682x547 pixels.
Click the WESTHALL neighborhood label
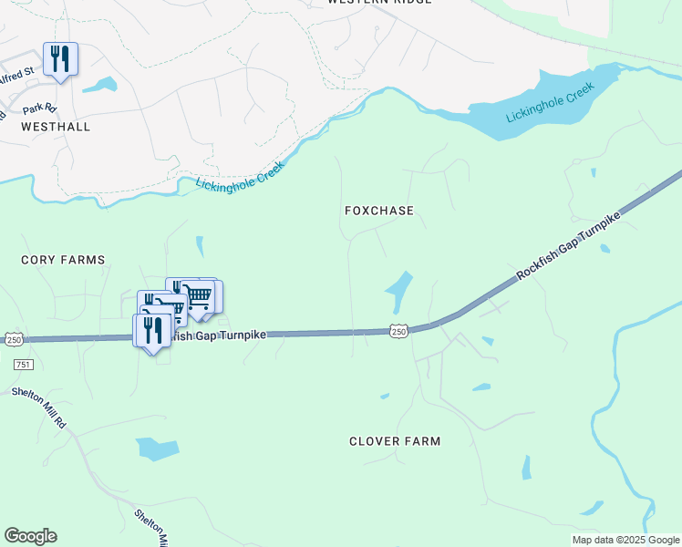[x=57, y=127]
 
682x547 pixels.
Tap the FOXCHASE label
[x=379, y=211]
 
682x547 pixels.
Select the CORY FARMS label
[x=63, y=260]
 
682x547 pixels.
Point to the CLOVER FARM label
[x=395, y=441]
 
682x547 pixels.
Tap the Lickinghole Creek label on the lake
[x=550, y=104]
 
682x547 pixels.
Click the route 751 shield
[x=24, y=364]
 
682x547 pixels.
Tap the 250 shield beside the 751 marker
[x=14, y=339]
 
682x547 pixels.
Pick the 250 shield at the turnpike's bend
[x=398, y=332]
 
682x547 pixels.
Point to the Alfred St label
[x=17, y=70]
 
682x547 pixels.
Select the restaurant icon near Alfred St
[x=60, y=59]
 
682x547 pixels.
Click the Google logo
[x=30, y=536]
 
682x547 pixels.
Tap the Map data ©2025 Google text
[x=625, y=540]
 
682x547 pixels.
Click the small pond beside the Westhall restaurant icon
[x=99, y=87]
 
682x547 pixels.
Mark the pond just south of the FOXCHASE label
[x=399, y=290]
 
